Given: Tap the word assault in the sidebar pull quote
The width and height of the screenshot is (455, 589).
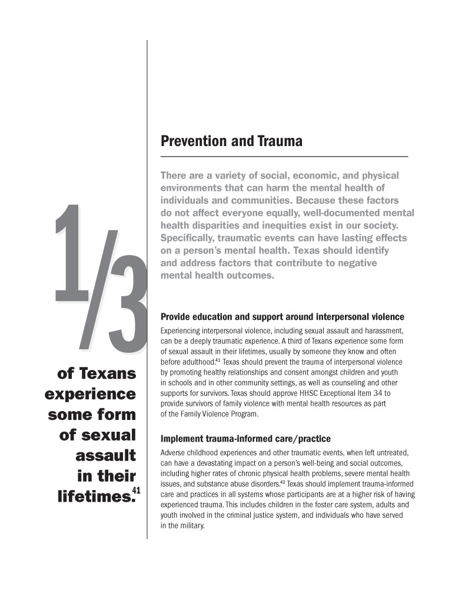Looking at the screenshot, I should point(105,455).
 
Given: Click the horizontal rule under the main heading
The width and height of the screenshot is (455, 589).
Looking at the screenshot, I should point(284,156).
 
